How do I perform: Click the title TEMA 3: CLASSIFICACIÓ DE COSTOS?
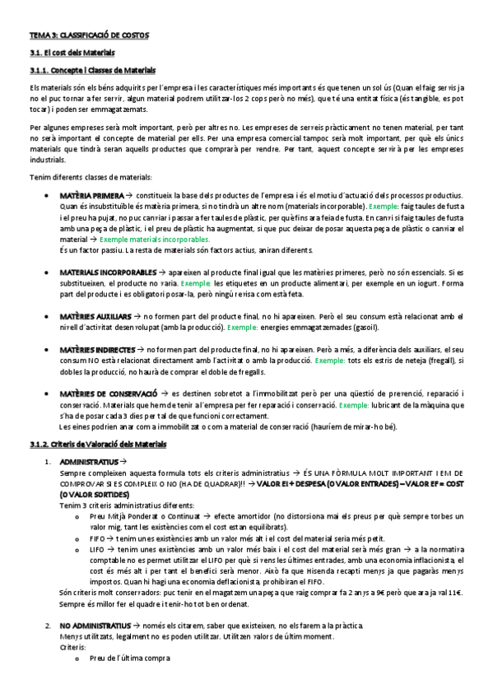(x=88, y=36)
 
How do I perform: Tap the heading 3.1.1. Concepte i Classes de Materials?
(x=92, y=70)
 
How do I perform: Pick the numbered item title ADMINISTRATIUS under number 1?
(x=89, y=463)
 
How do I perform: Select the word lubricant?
(x=393, y=405)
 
